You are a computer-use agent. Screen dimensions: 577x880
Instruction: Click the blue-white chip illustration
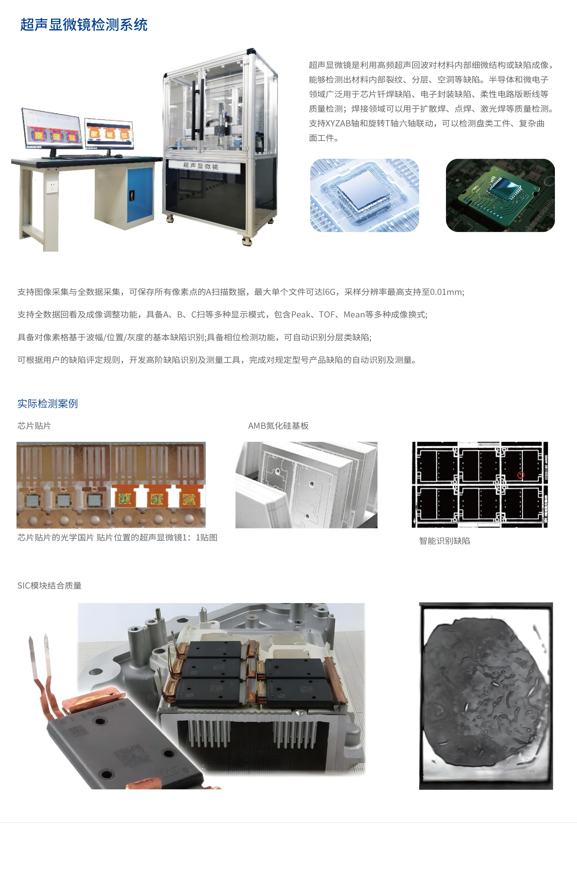364,196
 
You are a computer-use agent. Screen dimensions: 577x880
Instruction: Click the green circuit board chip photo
500,196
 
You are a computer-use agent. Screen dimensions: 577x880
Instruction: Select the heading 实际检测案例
48,403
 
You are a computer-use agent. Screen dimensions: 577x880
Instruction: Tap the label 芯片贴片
34,426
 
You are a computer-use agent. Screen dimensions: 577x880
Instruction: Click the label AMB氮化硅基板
278,426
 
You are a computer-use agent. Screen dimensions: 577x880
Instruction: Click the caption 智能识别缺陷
445,541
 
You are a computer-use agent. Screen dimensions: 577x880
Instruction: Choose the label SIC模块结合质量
50,585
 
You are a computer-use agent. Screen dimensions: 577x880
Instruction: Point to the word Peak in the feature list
301,314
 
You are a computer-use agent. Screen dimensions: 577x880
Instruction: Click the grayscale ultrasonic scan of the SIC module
486,696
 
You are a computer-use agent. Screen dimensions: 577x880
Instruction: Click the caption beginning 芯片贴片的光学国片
117,537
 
